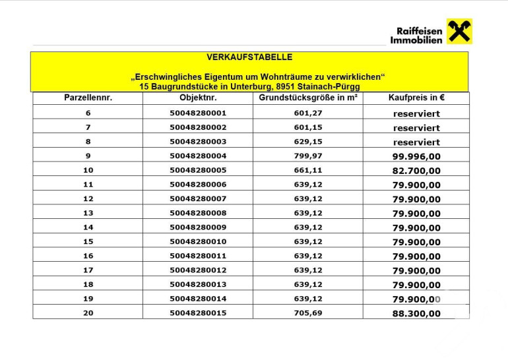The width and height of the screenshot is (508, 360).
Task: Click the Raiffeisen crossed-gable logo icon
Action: coord(459,31)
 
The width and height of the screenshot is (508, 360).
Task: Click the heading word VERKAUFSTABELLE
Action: coord(249,58)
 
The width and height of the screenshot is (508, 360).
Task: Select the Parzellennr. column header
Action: coord(88,98)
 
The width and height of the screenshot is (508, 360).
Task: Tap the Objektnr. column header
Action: coord(197,98)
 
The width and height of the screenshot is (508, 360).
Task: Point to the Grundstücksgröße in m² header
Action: coord(307,98)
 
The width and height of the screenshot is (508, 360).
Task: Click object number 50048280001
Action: coord(197,113)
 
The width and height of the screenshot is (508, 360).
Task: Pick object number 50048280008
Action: coord(197,213)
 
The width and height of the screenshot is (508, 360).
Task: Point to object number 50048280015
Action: coord(197,313)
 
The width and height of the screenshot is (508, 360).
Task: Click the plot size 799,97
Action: coord(307,156)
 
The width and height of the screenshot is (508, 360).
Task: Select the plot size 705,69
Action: coord(307,313)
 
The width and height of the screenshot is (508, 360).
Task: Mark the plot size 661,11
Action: coord(307,170)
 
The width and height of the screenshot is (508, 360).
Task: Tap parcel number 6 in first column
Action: coord(88,113)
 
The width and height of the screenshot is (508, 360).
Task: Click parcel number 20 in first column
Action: coord(88,313)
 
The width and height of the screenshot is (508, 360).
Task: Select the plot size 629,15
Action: coord(307,141)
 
